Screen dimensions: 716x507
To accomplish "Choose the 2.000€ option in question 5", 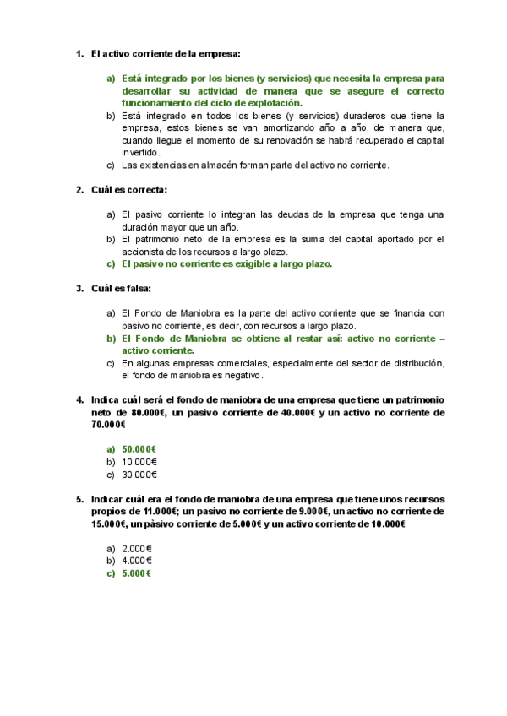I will (x=137, y=547).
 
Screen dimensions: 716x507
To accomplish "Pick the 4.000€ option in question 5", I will (x=137, y=560).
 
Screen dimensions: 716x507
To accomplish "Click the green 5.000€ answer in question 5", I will (x=137, y=573).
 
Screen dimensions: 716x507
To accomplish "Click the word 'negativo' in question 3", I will (x=243, y=375).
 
